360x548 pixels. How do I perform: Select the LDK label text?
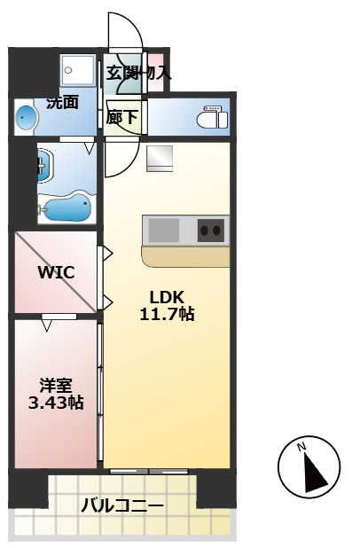166,297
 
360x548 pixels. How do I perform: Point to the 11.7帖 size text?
167,314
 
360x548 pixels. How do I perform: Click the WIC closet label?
55,272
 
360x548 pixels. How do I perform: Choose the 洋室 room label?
55,386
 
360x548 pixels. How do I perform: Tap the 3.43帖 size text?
55,403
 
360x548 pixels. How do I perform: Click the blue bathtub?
67,209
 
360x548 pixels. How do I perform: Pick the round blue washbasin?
27,116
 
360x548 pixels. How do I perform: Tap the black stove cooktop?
211,230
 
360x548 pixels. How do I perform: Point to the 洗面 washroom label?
62,102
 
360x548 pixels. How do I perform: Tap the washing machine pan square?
78,71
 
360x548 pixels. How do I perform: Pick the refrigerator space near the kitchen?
160,159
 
